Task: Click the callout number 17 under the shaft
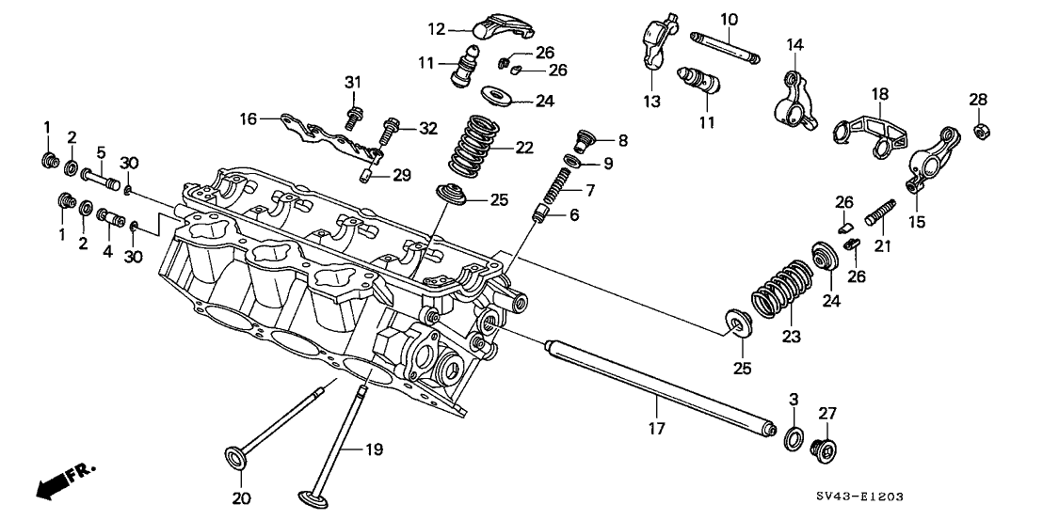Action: (x=656, y=429)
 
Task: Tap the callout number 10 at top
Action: (x=730, y=20)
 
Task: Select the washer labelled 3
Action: (x=794, y=435)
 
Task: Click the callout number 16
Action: (x=248, y=119)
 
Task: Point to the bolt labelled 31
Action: (x=355, y=118)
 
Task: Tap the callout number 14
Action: (x=795, y=44)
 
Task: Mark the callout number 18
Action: (x=879, y=94)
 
